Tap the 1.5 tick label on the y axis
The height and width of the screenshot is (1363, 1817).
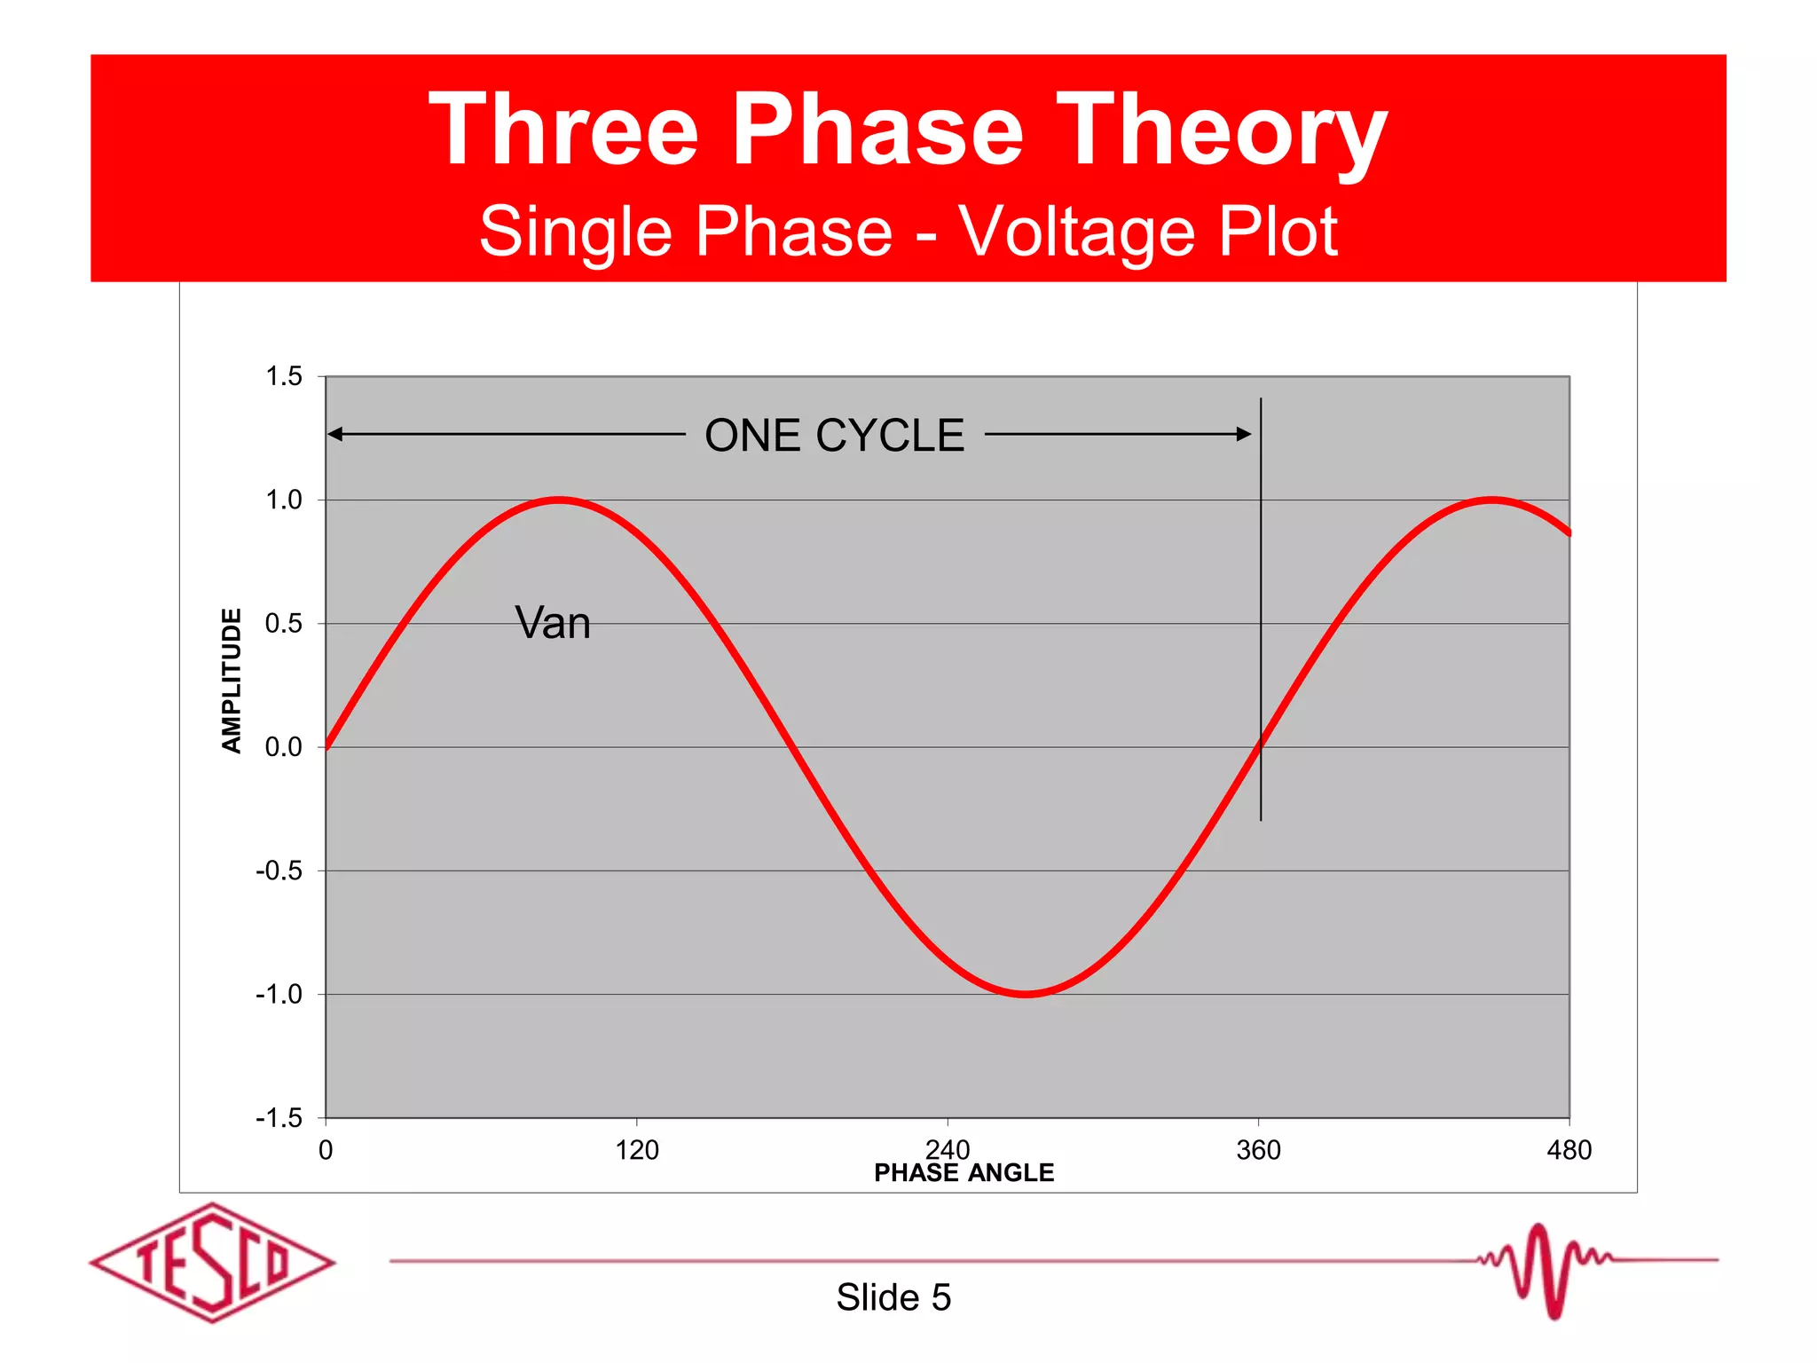(x=284, y=376)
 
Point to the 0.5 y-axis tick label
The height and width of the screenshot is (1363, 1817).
(x=284, y=624)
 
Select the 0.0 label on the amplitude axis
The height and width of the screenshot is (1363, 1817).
(x=284, y=747)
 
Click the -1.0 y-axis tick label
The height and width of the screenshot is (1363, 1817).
(x=279, y=995)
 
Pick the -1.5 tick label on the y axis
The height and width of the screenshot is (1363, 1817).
(x=279, y=1118)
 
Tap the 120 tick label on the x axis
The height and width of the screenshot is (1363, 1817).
(x=637, y=1151)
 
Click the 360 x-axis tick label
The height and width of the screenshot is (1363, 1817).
(x=1258, y=1151)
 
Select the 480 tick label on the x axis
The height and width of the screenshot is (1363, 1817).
(x=1569, y=1151)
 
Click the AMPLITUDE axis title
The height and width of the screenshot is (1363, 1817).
(x=232, y=681)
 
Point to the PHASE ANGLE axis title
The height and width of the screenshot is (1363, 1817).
(x=964, y=1173)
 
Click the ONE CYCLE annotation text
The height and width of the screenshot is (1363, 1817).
(x=834, y=436)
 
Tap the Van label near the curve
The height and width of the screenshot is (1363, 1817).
(x=553, y=623)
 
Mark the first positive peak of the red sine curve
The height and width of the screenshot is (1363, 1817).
(x=559, y=500)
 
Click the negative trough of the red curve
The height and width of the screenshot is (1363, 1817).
(x=1026, y=994)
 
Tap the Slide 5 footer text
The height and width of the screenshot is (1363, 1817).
(x=893, y=1297)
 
